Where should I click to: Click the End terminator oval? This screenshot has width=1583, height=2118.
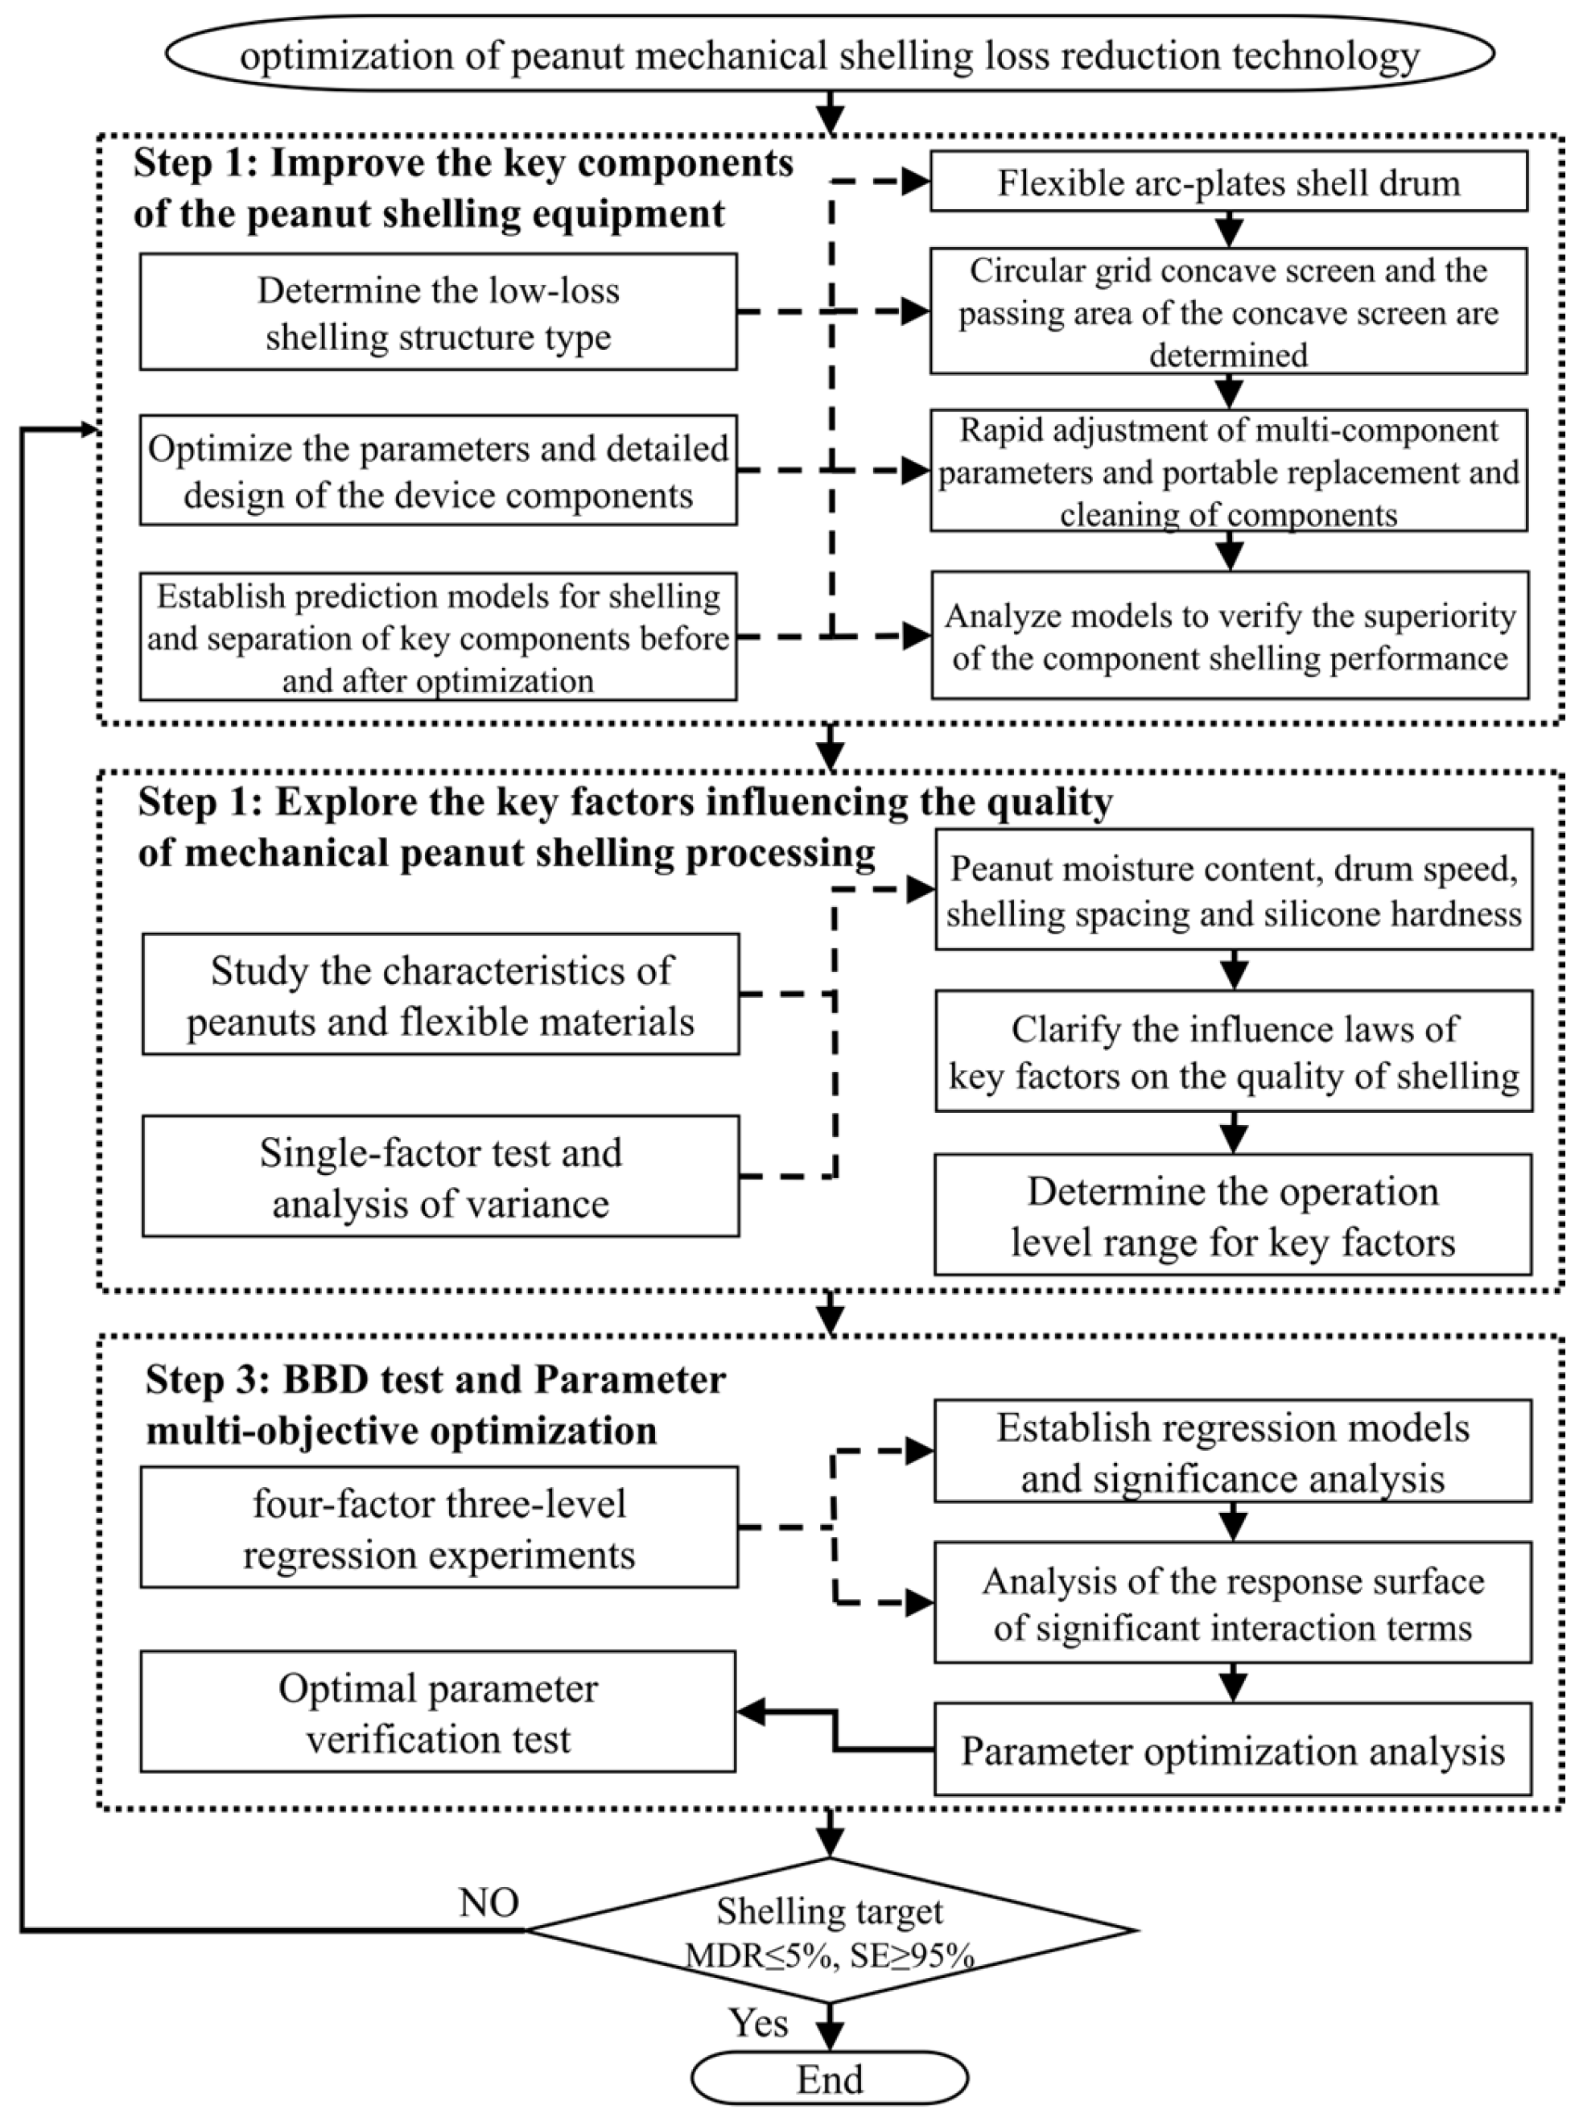pos(830,2079)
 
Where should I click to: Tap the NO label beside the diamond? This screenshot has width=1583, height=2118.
pos(489,1902)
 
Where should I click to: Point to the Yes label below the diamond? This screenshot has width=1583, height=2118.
pos(758,2023)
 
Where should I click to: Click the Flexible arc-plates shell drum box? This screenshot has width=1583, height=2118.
pos(1229,182)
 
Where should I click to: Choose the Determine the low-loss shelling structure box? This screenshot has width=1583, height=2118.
pos(438,312)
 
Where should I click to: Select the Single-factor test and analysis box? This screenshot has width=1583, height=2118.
pos(440,1176)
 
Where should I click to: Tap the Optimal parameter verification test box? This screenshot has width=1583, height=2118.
pos(438,1713)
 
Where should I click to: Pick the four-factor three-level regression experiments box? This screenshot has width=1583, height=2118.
pos(439,1529)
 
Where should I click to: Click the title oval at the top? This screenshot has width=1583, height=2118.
pos(830,56)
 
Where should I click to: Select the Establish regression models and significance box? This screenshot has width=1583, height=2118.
pos(1232,1452)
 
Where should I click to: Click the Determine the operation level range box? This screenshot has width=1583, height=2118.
pos(1232,1215)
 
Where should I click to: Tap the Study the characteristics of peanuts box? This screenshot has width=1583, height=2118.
pos(440,995)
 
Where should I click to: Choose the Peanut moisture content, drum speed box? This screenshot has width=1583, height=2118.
pos(1234,889)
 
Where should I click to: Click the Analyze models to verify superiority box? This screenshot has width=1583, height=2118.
pos(1230,636)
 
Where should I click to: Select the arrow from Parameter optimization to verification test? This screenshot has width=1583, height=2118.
pos(835,1731)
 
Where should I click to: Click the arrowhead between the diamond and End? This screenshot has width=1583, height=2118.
pos(830,2038)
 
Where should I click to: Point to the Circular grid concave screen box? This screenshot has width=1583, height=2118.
pos(1229,312)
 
